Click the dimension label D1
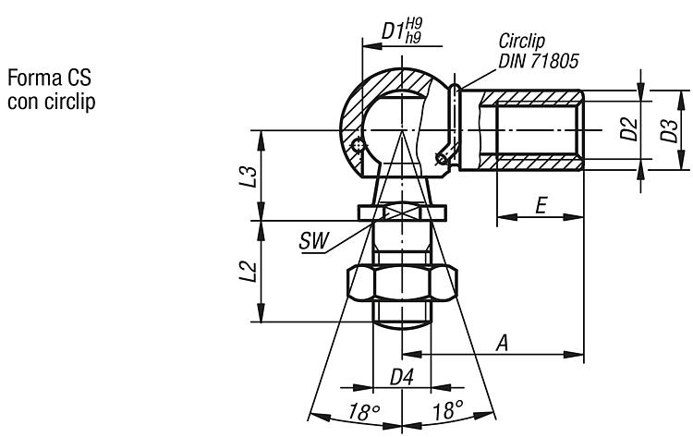393,30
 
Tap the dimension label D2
629,128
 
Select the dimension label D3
669,130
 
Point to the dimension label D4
402,378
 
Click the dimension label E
541,206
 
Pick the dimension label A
502,343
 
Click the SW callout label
314,241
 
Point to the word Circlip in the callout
521,41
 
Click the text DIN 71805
539,61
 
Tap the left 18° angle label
364,412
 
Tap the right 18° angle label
448,410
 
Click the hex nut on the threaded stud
402,284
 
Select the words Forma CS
50,78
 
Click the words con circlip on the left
51,102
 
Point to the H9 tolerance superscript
414,24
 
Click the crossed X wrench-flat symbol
402,212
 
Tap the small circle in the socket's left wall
358,144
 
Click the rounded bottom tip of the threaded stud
402,325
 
